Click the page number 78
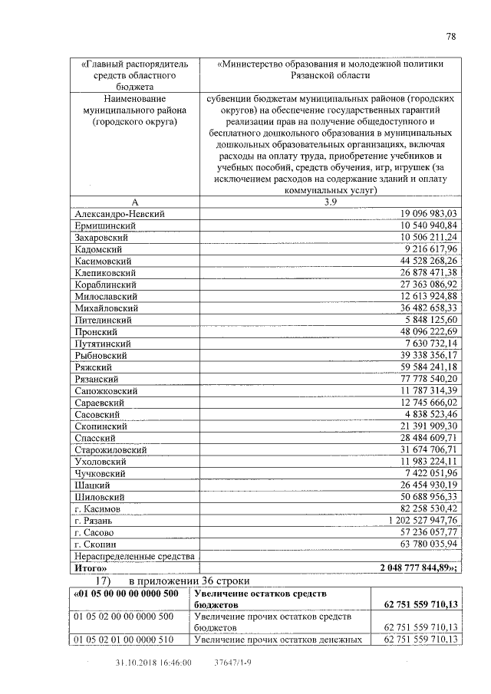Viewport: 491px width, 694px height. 450,36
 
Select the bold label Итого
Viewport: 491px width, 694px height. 91,568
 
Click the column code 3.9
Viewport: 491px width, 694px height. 330,201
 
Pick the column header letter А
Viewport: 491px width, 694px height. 134,201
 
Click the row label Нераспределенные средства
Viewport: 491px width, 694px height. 132,555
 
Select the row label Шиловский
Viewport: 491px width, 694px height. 101,497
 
